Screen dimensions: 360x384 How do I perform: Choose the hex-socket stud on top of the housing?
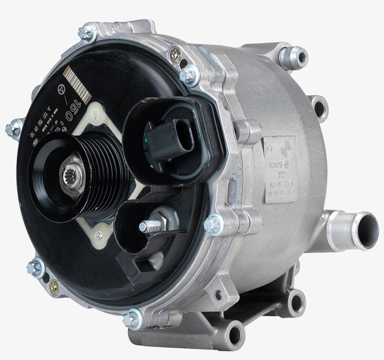click(x=293, y=57)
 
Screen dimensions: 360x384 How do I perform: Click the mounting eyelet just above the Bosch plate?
click(x=318, y=108)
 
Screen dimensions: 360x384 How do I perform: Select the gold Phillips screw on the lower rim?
click(x=55, y=285)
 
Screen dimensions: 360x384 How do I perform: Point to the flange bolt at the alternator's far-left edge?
click(x=14, y=127)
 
